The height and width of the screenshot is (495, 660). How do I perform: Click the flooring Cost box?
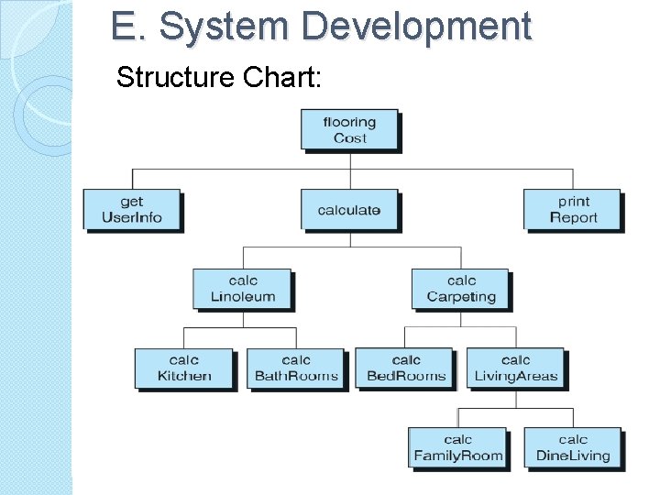coord(349,130)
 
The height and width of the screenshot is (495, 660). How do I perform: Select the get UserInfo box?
coord(132,210)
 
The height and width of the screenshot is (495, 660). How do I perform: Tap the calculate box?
coord(349,210)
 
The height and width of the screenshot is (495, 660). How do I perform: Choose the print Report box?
coord(573,210)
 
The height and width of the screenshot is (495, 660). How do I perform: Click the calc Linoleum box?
coord(242,289)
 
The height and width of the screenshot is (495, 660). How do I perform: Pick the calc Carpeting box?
coord(461,289)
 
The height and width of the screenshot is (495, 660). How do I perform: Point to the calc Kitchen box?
coord(184,368)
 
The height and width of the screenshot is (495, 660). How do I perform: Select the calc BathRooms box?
coord(296,368)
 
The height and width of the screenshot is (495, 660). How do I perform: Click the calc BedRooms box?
coord(406,368)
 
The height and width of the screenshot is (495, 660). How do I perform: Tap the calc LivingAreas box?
coord(516,368)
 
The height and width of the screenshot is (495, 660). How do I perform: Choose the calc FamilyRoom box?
coord(458,447)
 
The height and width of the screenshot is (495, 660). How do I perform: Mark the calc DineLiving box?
coord(573,447)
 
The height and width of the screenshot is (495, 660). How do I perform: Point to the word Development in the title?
coord(416,26)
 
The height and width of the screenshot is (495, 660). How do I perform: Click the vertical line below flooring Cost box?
coord(350,160)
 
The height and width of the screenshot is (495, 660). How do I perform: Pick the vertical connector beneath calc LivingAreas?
coord(516,399)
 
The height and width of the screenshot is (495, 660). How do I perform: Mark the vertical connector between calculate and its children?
coord(350,238)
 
